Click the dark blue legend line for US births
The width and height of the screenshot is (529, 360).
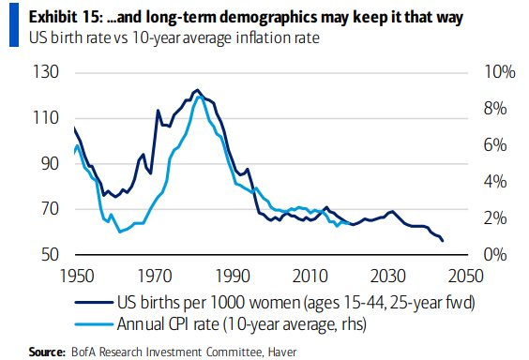[93, 303]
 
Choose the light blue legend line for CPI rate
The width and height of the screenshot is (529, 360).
[93, 324]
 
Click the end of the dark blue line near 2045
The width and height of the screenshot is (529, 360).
[443, 241]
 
